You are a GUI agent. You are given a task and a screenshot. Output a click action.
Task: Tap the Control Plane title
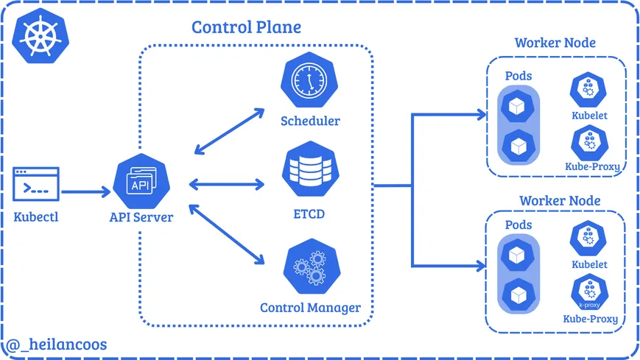[x=246, y=27]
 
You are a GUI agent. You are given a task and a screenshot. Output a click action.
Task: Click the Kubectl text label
[x=36, y=217]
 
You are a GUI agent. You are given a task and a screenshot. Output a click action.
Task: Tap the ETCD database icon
[x=309, y=167]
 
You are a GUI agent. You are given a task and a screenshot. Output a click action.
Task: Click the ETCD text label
[x=309, y=214]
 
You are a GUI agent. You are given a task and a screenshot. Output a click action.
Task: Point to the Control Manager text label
[x=310, y=307]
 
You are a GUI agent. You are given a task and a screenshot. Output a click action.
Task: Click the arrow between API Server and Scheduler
[x=228, y=131]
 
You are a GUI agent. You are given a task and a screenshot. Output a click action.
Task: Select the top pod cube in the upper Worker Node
[x=517, y=107]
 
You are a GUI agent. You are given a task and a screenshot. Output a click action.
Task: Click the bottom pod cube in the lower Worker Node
[x=517, y=295]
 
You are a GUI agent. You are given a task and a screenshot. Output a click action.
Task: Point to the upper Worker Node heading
[x=555, y=43]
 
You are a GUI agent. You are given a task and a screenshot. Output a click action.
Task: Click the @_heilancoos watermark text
[x=57, y=344]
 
